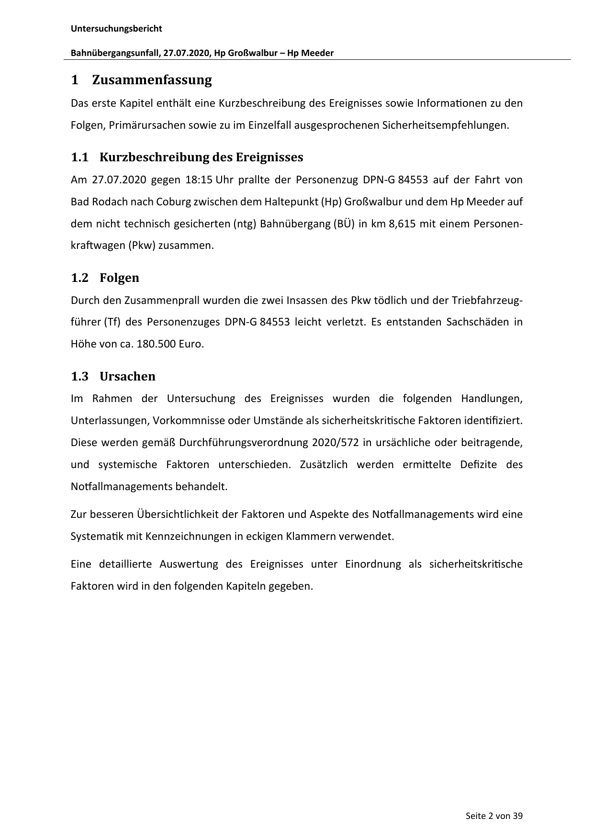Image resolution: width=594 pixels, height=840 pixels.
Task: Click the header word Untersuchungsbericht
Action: pyautogui.click(x=116, y=29)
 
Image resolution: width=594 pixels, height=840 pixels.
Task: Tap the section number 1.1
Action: pyautogui.click(x=80, y=157)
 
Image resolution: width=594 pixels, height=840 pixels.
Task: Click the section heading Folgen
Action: pyautogui.click(x=119, y=278)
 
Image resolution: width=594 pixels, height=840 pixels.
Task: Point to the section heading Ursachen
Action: pyautogui.click(x=127, y=376)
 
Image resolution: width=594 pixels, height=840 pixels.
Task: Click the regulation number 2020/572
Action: pyautogui.click(x=335, y=442)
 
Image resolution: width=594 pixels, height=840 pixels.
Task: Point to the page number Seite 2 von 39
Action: pyautogui.click(x=494, y=816)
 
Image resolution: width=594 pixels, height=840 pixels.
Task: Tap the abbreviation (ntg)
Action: pyautogui.click(x=245, y=224)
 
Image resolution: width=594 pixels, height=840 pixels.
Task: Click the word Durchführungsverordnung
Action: pyautogui.click(x=243, y=442)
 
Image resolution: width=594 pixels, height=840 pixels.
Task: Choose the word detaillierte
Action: pyautogui.click(x=125, y=564)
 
